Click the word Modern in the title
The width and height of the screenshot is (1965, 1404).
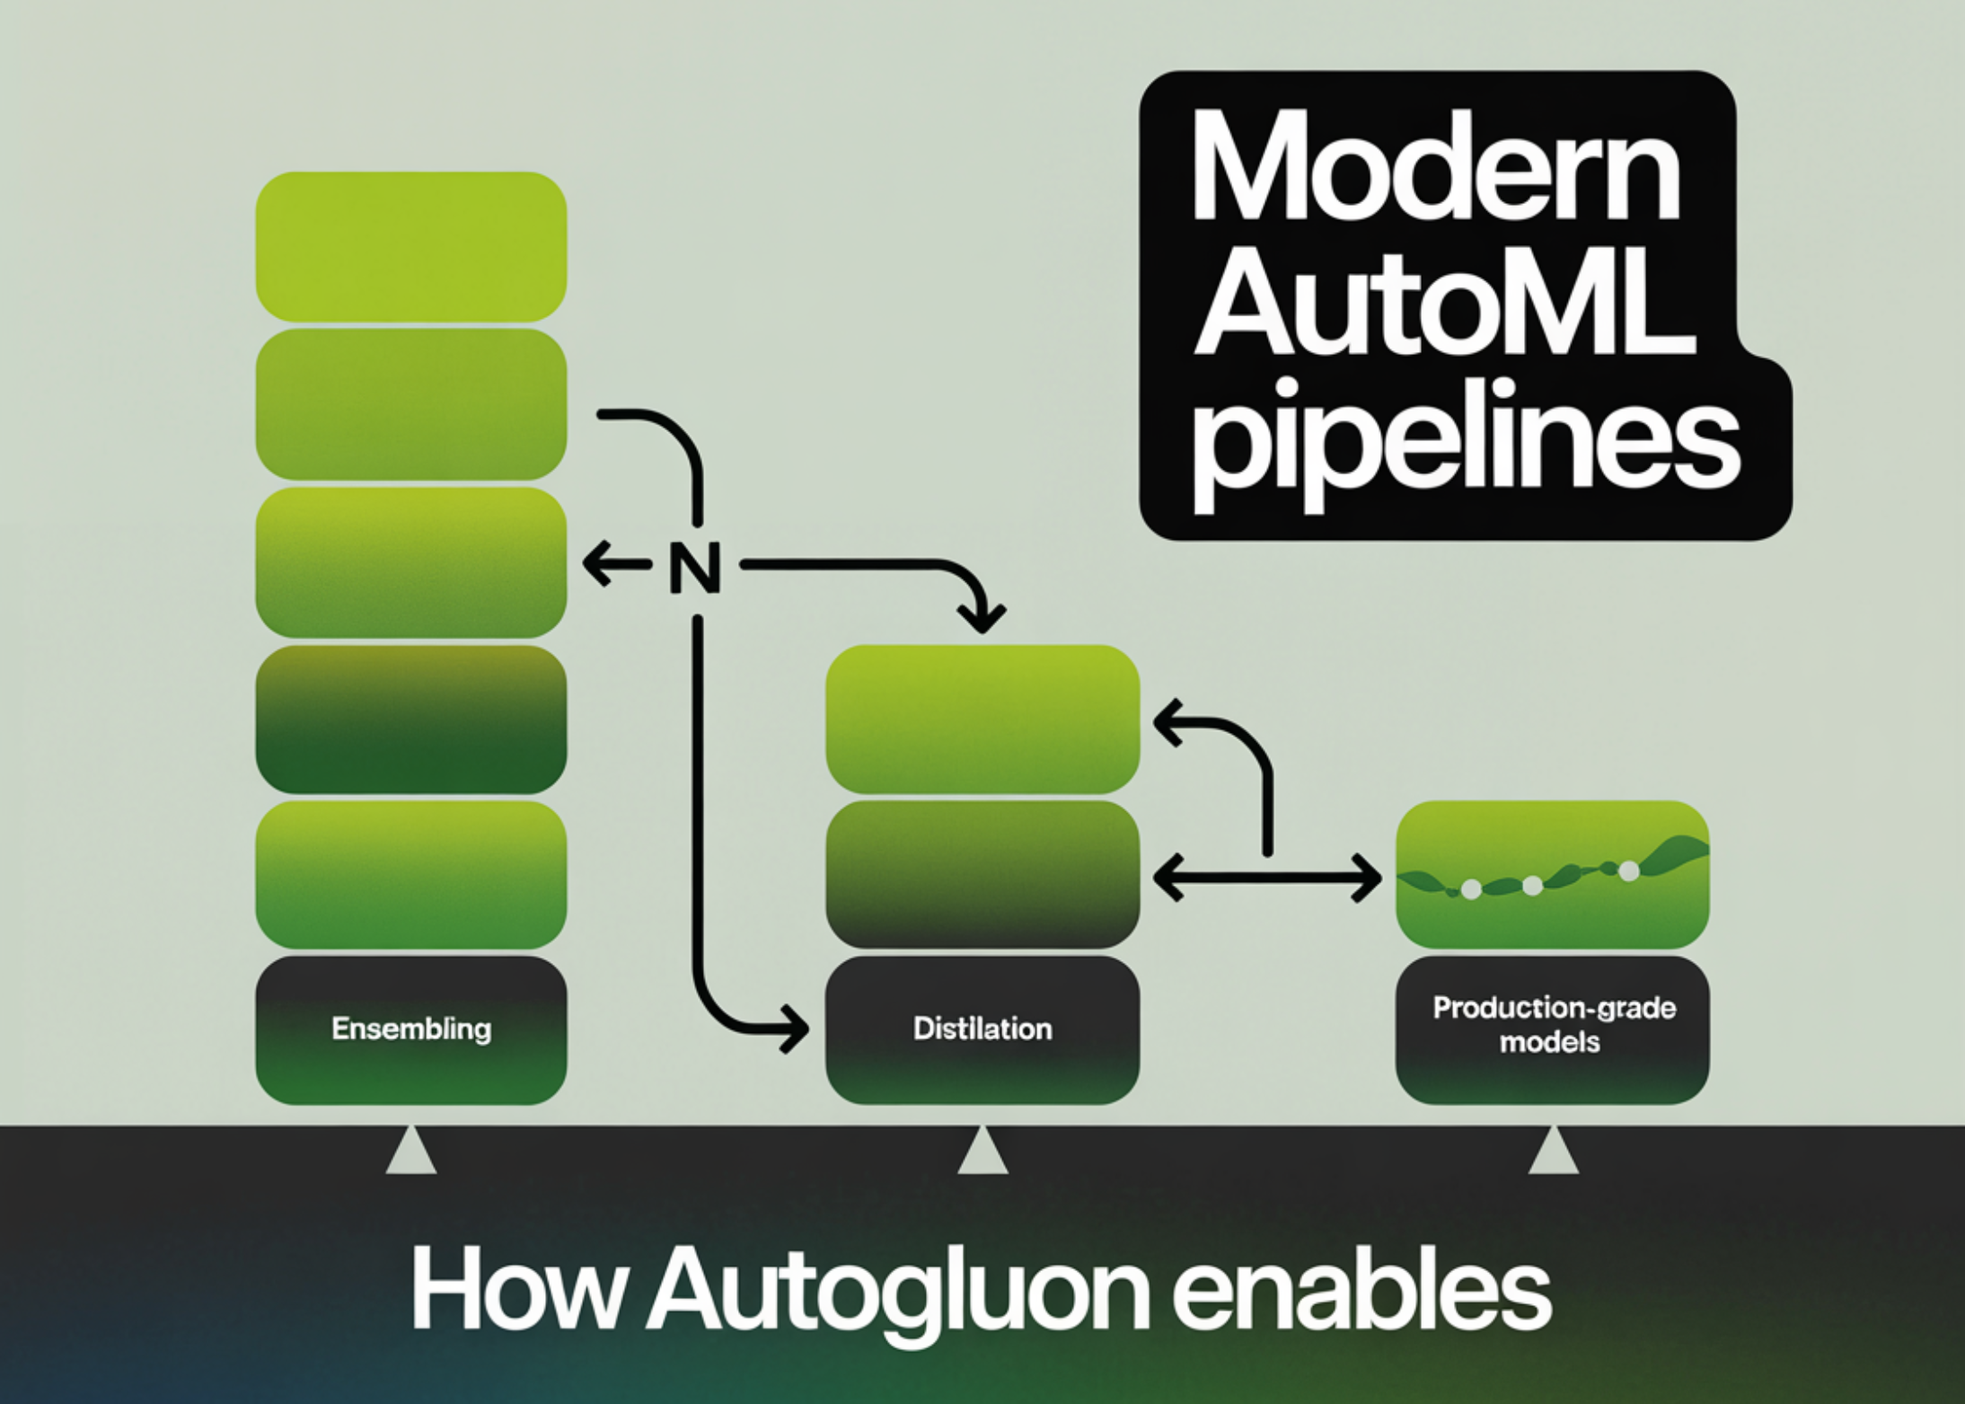click(x=1434, y=170)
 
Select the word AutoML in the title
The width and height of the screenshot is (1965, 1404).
click(x=1444, y=306)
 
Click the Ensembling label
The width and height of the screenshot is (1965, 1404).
click(x=411, y=1029)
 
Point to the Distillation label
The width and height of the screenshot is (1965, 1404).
click(x=982, y=1029)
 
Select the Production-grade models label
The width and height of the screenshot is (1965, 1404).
click(x=1553, y=1025)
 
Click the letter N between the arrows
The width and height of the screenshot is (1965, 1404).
click(x=695, y=567)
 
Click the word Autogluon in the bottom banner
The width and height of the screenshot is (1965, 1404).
click(x=899, y=1294)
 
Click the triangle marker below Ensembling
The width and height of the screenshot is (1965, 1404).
click(x=411, y=1152)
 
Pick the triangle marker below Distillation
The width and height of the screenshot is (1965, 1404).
click(x=982, y=1152)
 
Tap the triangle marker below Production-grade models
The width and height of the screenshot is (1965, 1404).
click(x=1553, y=1152)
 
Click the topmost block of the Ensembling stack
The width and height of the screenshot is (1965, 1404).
click(x=411, y=246)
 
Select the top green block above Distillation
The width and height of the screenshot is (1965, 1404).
click(x=982, y=719)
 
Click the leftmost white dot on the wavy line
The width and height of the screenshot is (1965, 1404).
click(x=1471, y=889)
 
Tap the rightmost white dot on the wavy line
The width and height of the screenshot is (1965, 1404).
click(x=1628, y=870)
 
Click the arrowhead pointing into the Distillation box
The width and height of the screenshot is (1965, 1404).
click(x=795, y=1027)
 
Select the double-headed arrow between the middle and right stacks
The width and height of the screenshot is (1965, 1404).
click(x=1266, y=878)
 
